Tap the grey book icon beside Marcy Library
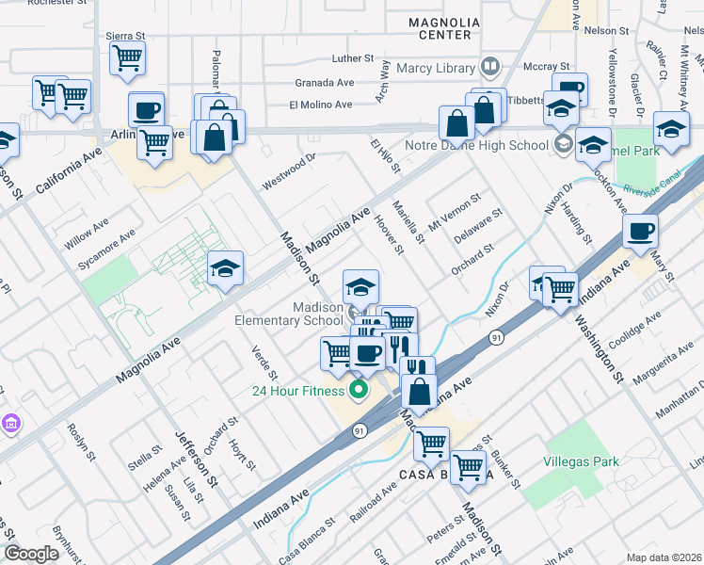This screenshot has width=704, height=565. pyautogui.click(x=489, y=67)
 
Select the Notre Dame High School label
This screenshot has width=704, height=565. pyautogui.click(x=476, y=145)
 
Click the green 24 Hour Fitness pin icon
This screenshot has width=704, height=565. pyautogui.click(x=358, y=388)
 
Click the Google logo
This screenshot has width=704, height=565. pyautogui.click(x=31, y=554)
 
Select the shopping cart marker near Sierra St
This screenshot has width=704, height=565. pyautogui.click(x=126, y=58)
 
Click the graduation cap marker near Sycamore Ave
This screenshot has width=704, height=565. pyautogui.click(x=225, y=269)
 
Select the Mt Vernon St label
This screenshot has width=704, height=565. pyautogui.click(x=455, y=212)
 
